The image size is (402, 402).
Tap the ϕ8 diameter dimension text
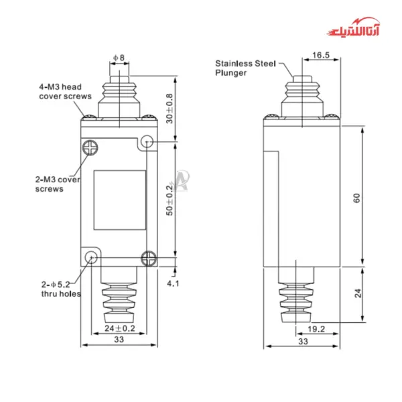point(119,58)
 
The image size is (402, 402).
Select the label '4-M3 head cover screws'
point(64,91)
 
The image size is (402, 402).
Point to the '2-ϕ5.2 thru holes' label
point(60,289)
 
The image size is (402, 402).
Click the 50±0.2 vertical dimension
point(170,200)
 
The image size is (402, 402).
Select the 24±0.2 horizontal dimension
point(119,328)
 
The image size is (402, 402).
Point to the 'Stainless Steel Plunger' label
point(244,68)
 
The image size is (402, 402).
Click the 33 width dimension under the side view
point(303,341)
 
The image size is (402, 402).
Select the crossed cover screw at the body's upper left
point(90,146)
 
